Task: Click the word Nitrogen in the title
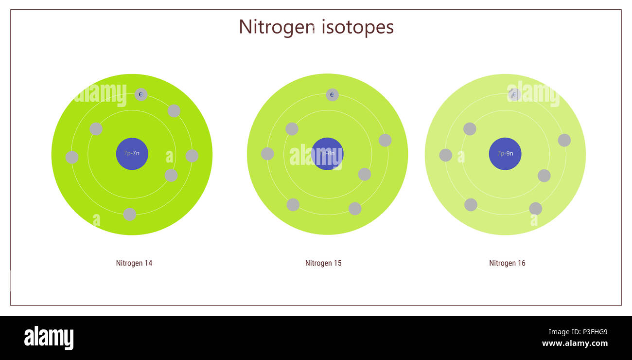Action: click(276, 27)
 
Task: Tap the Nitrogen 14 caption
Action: click(134, 263)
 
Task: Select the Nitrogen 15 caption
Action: click(323, 263)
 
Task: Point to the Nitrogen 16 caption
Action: click(507, 263)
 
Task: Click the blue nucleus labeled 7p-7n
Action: click(132, 154)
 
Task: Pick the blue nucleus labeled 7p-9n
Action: click(505, 154)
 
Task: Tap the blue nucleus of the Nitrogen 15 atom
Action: click(327, 154)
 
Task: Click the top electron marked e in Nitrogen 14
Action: click(141, 94)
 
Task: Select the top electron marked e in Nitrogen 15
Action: click(332, 94)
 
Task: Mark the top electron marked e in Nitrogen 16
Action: click(514, 94)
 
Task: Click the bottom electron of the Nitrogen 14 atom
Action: click(129, 214)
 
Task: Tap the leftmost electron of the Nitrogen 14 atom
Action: click(72, 157)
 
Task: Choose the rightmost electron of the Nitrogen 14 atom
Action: click(192, 156)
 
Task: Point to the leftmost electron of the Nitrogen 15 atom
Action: click(267, 154)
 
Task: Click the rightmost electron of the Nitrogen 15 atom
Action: click(385, 140)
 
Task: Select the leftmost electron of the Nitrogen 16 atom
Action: click(445, 155)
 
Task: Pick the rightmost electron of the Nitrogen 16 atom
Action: click(564, 140)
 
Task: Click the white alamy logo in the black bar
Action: click(49, 338)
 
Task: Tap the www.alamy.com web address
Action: click(575, 343)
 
